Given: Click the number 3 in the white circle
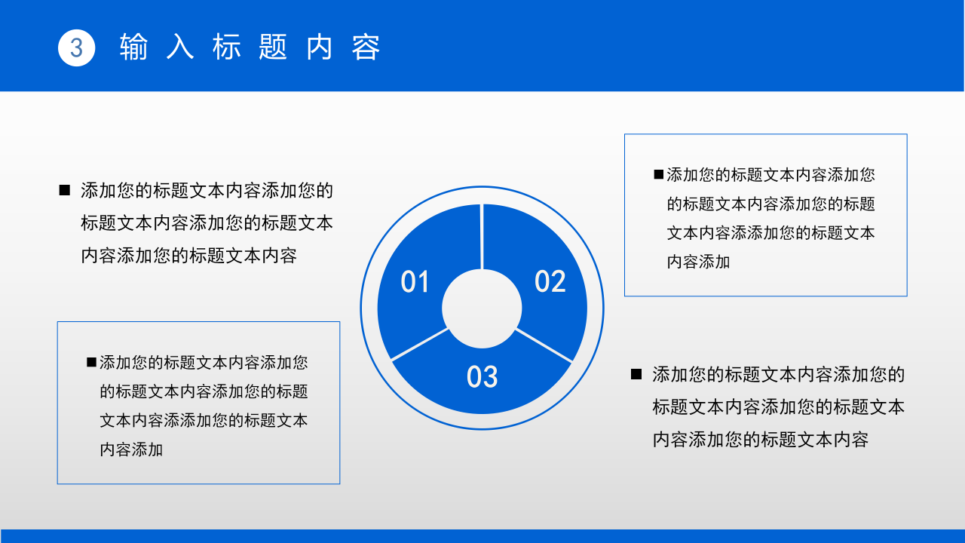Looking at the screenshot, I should (x=76, y=48).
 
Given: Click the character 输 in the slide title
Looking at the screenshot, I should (x=133, y=48).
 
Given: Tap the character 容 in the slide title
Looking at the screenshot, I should (x=366, y=48).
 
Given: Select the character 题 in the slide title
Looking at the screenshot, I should (x=273, y=48).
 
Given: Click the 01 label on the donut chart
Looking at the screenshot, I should (x=415, y=282).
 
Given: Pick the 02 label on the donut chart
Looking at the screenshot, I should (x=550, y=281).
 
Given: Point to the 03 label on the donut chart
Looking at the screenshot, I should (x=482, y=377).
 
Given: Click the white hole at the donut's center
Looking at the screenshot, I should (x=482, y=308).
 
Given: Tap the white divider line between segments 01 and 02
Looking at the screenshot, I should (x=482, y=236).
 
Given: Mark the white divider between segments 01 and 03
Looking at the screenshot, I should (x=419, y=345).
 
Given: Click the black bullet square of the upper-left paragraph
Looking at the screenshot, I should (x=64, y=190).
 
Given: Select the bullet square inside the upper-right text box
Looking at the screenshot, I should (x=659, y=175).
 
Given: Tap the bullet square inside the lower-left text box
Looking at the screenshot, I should (x=91, y=363).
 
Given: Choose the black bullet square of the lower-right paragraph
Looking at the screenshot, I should (x=636, y=374).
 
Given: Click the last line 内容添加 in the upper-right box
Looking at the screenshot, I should (x=698, y=262).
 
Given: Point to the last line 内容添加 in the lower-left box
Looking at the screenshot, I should (x=131, y=450).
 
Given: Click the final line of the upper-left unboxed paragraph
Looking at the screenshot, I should (x=188, y=256).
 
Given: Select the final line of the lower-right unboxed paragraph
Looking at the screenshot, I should (x=760, y=440).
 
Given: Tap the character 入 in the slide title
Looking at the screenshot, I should (x=179, y=48).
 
